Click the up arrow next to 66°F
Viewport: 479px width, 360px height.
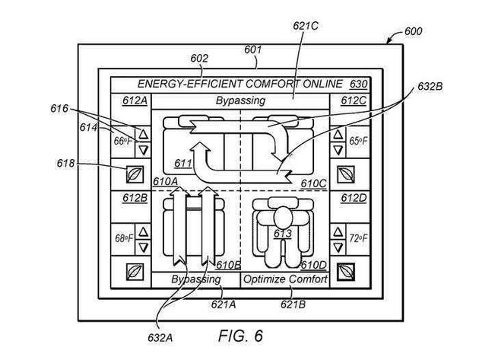pos(143,134)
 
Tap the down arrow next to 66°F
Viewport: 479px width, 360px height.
pos(143,150)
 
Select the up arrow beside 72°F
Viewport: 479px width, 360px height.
pos(338,231)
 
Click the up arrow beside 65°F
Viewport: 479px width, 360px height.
pos(338,134)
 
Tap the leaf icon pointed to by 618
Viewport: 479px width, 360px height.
pos(135,174)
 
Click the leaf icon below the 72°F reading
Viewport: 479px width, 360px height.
pos(346,272)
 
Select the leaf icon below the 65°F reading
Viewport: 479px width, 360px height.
pos(346,174)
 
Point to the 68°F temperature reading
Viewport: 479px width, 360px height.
pos(124,238)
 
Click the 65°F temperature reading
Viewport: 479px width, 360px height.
pos(359,141)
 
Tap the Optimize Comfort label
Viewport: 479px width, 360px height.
pos(285,279)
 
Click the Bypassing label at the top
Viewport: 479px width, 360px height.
pos(240,100)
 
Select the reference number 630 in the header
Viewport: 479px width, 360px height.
pos(358,84)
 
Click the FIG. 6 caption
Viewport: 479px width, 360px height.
pos(240,336)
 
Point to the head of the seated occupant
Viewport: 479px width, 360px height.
pos(283,217)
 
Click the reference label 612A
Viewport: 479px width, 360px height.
pos(135,100)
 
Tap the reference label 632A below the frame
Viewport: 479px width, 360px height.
pos(160,338)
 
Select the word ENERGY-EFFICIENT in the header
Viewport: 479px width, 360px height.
pos(190,84)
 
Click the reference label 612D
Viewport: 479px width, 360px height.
pos(354,198)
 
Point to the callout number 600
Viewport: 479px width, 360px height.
pos(414,31)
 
